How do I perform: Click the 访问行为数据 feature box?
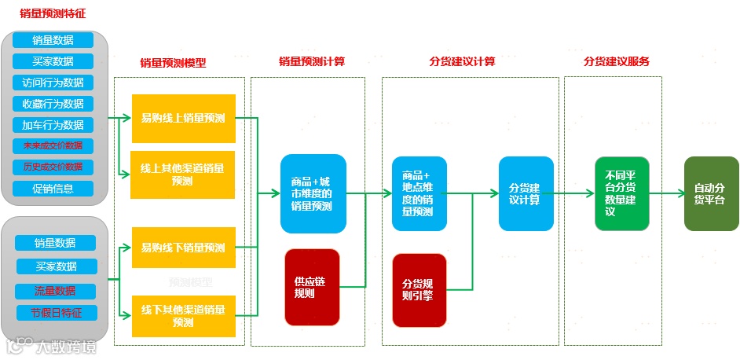(53, 83)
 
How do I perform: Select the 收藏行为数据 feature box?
(53, 104)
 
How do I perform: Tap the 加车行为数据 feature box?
(53, 125)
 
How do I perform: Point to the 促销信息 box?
(53, 189)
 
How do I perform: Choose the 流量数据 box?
(55, 292)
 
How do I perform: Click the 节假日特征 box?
(55, 313)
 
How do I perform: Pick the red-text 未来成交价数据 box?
(53, 146)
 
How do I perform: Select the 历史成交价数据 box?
(53, 167)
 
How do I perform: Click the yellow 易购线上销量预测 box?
(183, 119)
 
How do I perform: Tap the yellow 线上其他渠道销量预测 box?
(183, 174)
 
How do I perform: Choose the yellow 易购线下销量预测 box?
(183, 248)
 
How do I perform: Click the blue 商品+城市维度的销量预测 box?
(313, 193)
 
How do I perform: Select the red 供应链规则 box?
(312, 287)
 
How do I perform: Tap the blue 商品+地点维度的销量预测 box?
(419, 193)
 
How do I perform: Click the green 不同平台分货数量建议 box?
(621, 193)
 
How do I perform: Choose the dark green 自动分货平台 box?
(711, 193)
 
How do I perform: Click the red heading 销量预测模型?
(173, 63)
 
